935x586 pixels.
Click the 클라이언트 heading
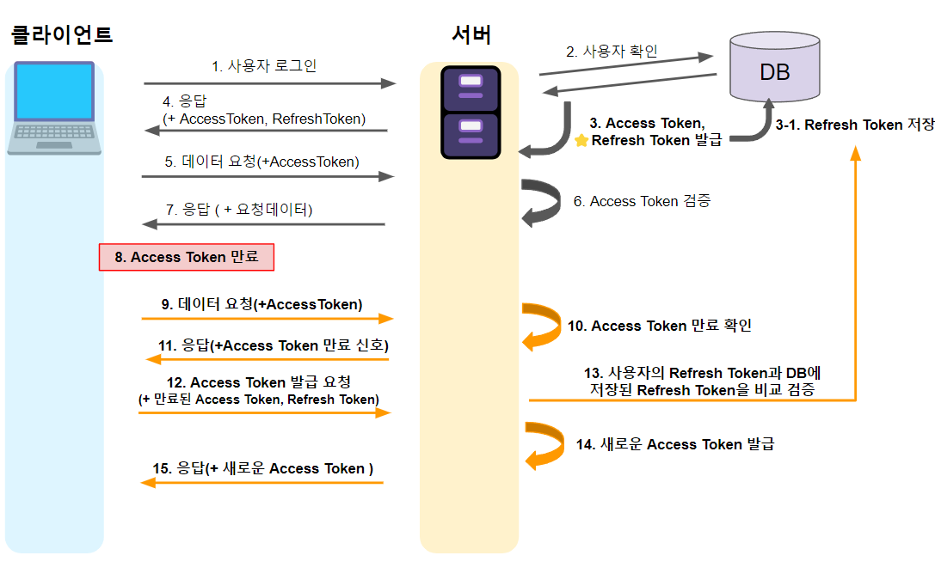tap(61, 35)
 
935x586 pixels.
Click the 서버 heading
tap(471, 35)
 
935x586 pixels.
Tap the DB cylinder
tap(774, 68)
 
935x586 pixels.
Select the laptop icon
tap(53, 108)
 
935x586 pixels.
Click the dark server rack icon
tap(471, 113)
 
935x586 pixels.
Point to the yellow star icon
tap(581, 140)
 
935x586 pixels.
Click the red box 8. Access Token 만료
tap(186, 257)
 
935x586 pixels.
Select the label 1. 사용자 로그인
tap(264, 65)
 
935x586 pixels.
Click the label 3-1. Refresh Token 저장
tap(854, 125)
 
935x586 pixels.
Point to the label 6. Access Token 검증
tap(642, 201)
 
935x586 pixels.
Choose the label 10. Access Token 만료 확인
tap(659, 326)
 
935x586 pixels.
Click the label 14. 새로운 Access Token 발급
tap(674, 444)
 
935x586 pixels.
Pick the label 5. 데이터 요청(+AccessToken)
tap(261, 162)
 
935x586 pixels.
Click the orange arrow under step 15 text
tap(261, 483)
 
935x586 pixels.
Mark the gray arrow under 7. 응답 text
tap(263, 224)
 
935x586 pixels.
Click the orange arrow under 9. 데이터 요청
tap(267, 319)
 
